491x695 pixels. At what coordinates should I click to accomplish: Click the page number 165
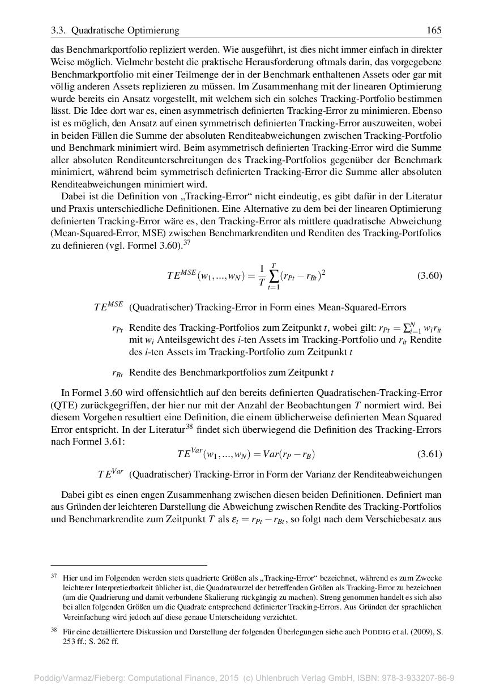tap(434, 31)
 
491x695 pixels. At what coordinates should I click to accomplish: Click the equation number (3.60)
tap(429, 276)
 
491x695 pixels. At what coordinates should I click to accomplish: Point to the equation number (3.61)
tap(429, 454)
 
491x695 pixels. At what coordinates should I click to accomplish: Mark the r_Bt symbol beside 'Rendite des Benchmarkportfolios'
tap(118, 373)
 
